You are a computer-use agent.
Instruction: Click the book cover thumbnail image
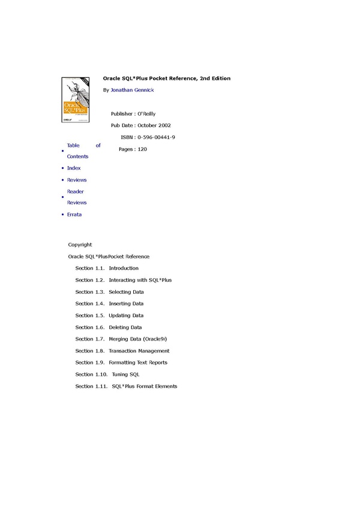coord(76,100)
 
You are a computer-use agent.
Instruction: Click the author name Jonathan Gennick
coord(132,90)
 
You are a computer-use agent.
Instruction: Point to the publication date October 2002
coord(154,125)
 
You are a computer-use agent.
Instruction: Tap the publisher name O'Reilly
coord(146,113)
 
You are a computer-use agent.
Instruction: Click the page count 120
coord(142,149)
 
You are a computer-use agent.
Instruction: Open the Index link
coord(74,168)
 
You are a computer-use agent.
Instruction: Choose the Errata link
coord(74,215)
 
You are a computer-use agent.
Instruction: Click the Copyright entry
coord(80,245)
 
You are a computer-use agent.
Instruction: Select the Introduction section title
coord(124,268)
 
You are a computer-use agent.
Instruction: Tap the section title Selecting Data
coord(126,292)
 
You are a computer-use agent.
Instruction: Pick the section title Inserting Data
coord(126,303)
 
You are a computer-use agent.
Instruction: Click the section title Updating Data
coord(126,315)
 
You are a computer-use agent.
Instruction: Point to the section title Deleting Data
coord(125,327)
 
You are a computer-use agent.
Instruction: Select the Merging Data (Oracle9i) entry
coord(138,339)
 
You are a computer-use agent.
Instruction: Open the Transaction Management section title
coord(139,351)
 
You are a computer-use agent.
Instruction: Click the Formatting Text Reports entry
coord(138,363)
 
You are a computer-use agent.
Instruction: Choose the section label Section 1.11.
coord(92,387)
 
